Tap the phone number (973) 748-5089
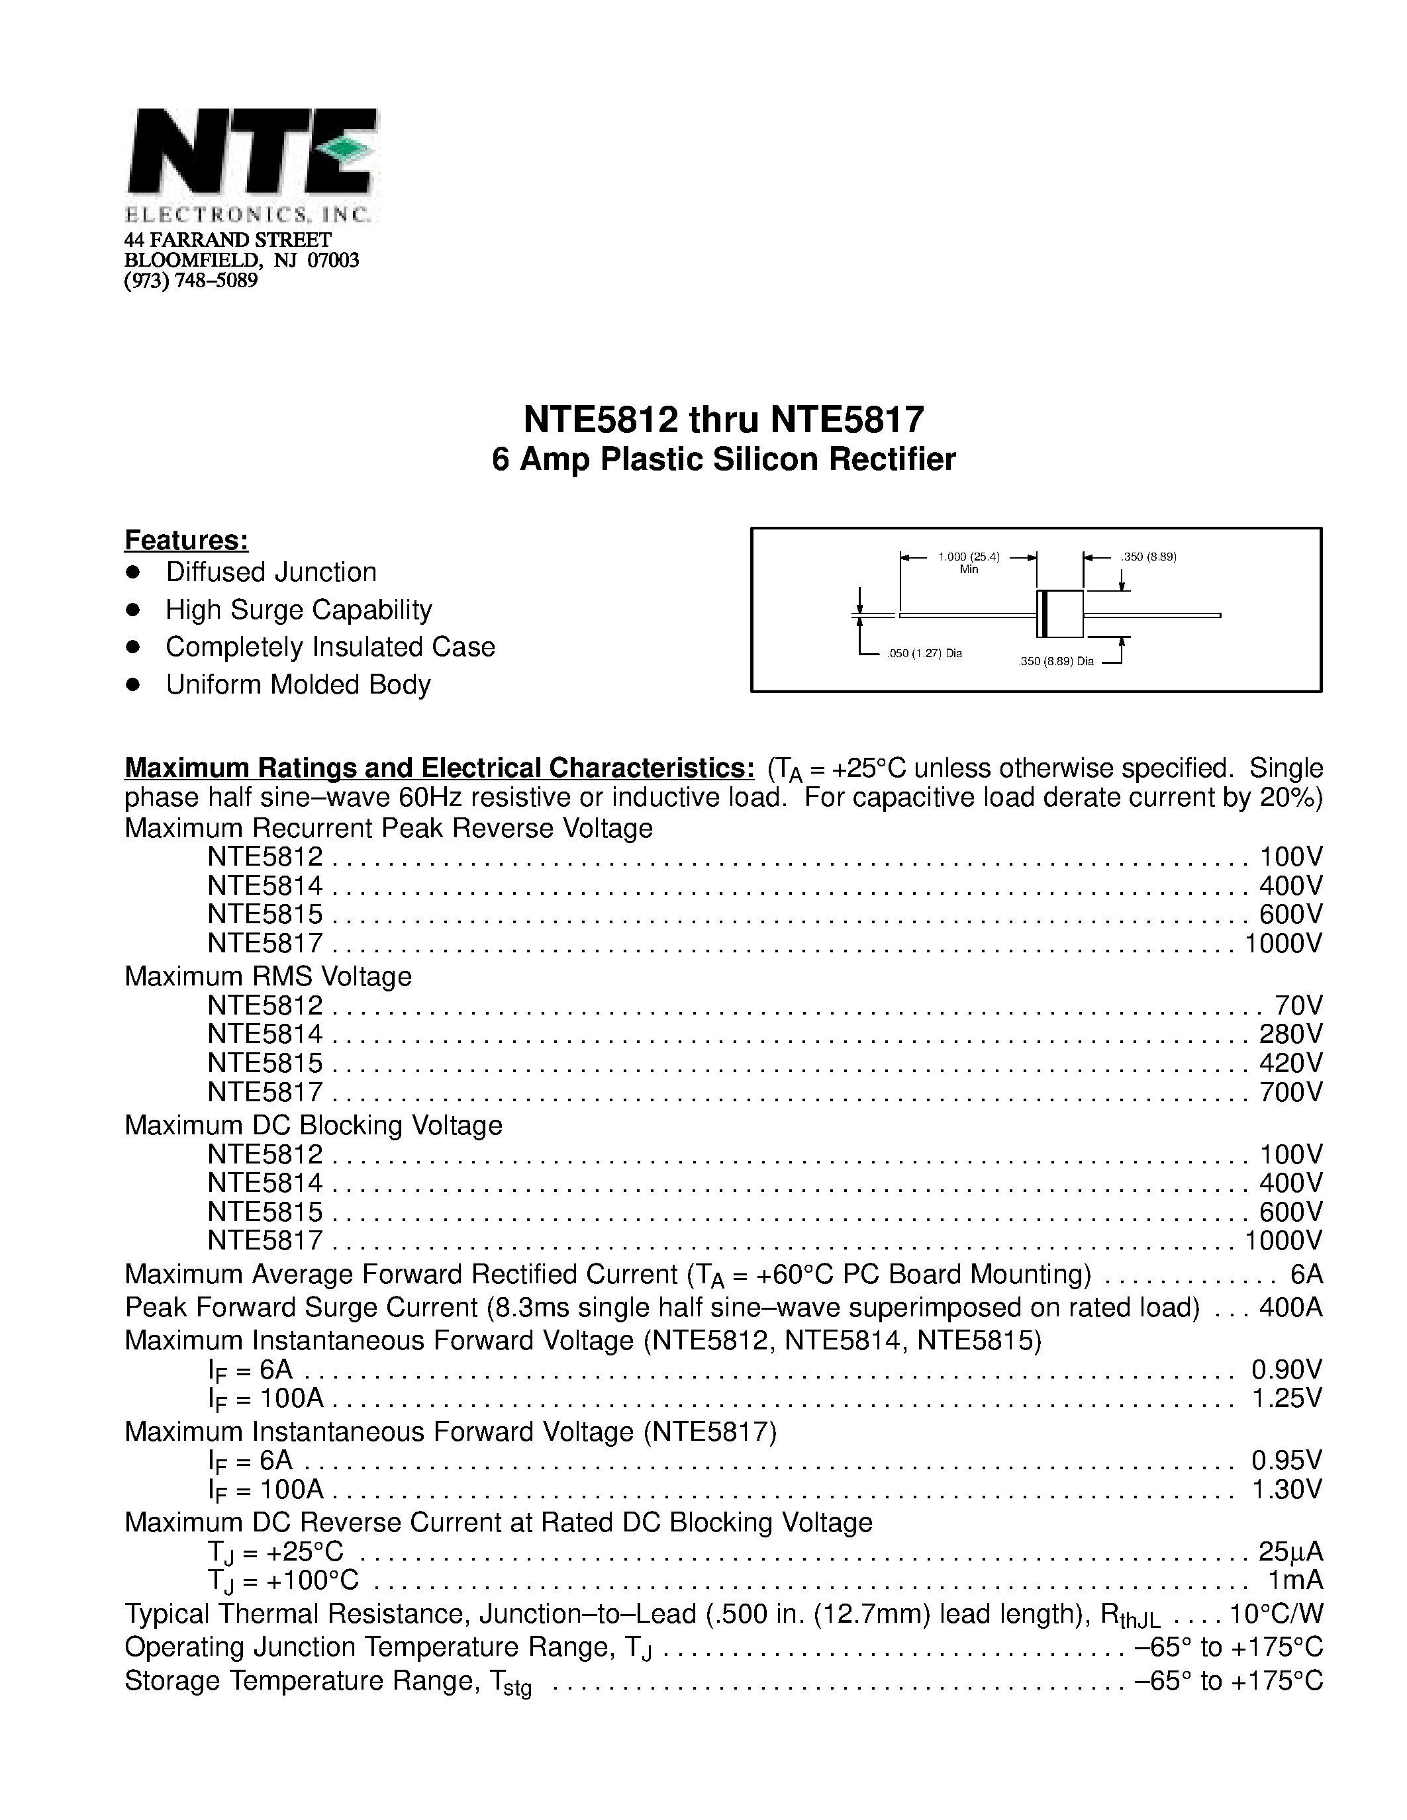point(191,281)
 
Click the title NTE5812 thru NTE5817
point(724,420)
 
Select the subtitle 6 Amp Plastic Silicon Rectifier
point(724,460)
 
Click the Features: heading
point(186,540)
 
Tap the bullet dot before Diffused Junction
point(132,572)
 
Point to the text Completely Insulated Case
point(330,647)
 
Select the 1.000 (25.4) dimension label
point(969,557)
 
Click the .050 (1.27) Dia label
point(924,653)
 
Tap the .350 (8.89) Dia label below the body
point(1055,662)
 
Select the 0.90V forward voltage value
point(1286,1369)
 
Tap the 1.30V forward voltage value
point(1286,1489)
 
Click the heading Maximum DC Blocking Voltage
point(313,1125)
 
